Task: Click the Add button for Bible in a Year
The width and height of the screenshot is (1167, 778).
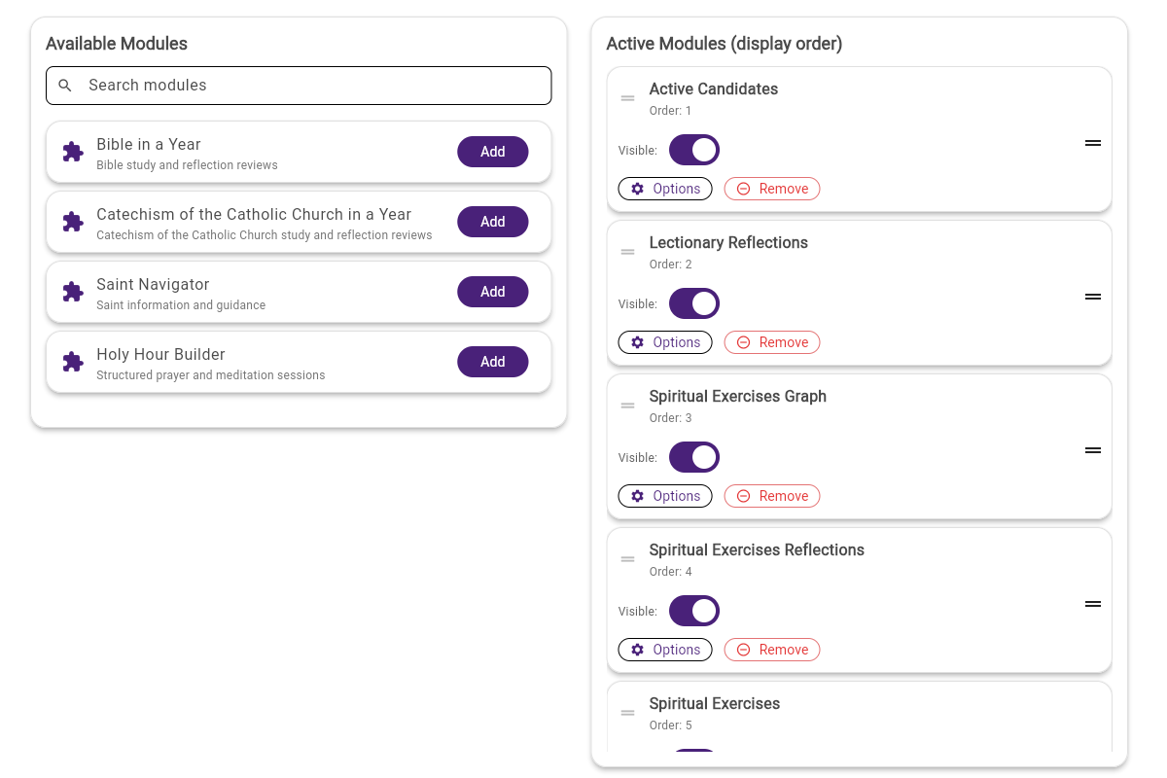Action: point(493,152)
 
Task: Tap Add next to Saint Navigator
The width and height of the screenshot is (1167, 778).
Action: point(493,292)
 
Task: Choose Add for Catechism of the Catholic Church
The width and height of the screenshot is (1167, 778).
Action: point(493,222)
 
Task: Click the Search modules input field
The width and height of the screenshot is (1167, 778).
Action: point(311,86)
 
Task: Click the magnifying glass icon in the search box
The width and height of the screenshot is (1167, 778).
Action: point(65,86)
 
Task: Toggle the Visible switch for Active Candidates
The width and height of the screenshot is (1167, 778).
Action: point(694,150)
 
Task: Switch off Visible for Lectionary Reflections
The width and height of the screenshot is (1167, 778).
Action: point(694,303)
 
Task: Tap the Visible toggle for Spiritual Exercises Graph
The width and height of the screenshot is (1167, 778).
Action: point(694,457)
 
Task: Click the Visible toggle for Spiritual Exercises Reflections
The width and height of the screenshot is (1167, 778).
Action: point(694,611)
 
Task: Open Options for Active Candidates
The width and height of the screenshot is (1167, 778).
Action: point(665,189)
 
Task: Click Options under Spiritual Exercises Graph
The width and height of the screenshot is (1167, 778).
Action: point(665,496)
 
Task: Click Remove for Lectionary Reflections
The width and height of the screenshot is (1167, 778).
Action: point(772,342)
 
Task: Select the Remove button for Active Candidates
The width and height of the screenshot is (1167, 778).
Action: point(772,189)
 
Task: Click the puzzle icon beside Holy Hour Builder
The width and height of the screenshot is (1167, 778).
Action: point(73,362)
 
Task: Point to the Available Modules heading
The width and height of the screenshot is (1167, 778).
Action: point(117,44)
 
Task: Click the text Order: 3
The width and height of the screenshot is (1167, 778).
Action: point(671,418)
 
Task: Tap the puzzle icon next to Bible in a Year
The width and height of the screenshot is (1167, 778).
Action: point(73,152)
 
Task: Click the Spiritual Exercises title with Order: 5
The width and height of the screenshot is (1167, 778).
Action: point(715,703)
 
